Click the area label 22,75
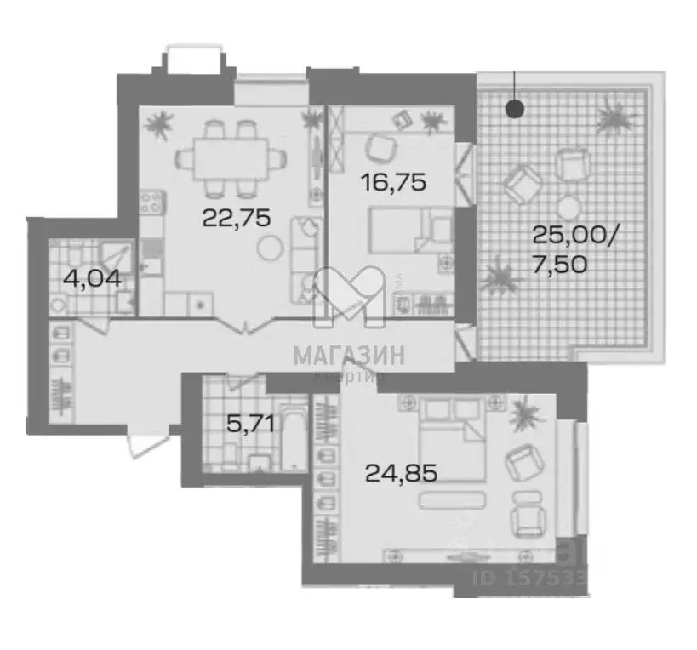click(236, 218)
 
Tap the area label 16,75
click(390, 181)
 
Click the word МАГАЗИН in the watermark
click(349, 354)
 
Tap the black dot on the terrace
click(514, 109)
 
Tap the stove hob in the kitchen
click(151, 203)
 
